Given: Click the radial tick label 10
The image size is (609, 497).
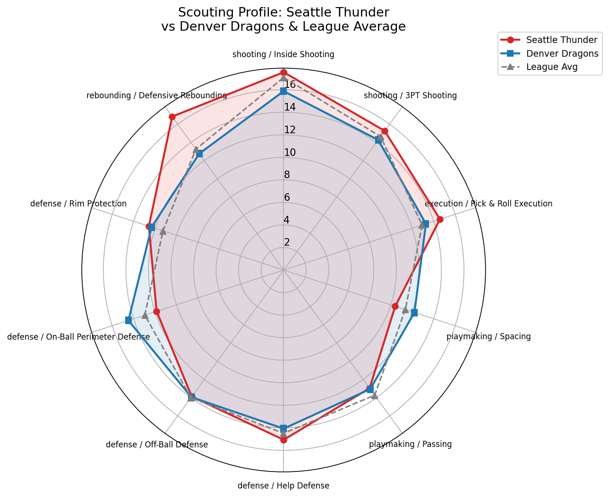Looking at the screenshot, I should [290, 153].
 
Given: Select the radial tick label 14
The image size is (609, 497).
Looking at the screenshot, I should [290, 107].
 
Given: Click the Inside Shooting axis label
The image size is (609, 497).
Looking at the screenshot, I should [283, 54].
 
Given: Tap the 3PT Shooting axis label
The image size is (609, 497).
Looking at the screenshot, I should [410, 95].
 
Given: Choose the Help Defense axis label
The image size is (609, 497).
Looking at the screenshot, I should [283, 486].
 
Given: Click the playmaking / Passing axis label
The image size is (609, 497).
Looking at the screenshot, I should [410, 444].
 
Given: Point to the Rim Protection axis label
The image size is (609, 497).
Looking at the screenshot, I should [78, 204].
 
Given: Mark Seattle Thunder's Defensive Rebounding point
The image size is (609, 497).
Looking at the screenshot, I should [172, 117].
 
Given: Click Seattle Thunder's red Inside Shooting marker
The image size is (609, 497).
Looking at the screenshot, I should [283, 72].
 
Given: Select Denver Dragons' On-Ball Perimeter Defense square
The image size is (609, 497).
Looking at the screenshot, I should [129, 320].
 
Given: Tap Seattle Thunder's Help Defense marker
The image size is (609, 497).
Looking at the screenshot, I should [283, 440].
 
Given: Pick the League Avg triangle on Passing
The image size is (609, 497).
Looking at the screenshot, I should [375, 395].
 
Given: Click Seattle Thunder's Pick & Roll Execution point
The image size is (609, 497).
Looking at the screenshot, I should [440, 219].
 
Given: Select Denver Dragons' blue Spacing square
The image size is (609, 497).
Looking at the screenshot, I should [414, 312].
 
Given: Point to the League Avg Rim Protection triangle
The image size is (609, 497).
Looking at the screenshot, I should [163, 231].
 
